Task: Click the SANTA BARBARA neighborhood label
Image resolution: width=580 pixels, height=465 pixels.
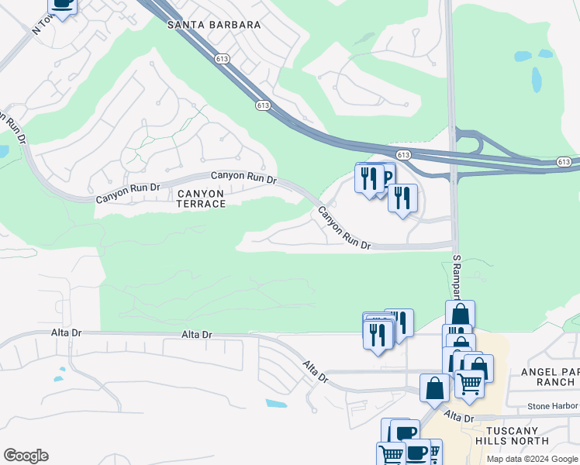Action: pos(214,25)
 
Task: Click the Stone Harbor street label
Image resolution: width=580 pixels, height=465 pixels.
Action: pos(554,406)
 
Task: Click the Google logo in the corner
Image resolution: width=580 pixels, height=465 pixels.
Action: pos(26,456)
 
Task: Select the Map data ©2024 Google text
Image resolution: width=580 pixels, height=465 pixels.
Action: pos(532,459)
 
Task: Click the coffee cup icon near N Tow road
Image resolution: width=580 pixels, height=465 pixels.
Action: pos(62,5)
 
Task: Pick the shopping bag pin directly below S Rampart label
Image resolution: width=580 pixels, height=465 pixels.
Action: pos(460,315)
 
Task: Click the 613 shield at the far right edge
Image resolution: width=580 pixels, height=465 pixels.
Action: pos(564,162)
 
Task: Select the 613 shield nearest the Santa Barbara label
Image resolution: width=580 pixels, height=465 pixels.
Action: pos(223,58)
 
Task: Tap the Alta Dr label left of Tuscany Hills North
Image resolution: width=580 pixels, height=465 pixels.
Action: pos(458,418)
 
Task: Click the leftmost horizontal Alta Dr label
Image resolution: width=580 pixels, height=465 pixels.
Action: pos(65,332)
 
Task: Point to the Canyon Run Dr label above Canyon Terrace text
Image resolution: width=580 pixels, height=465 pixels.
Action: pos(243,177)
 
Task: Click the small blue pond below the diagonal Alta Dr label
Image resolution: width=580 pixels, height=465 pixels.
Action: pos(275,404)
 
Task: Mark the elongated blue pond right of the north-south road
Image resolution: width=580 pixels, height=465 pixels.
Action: pos(537,79)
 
